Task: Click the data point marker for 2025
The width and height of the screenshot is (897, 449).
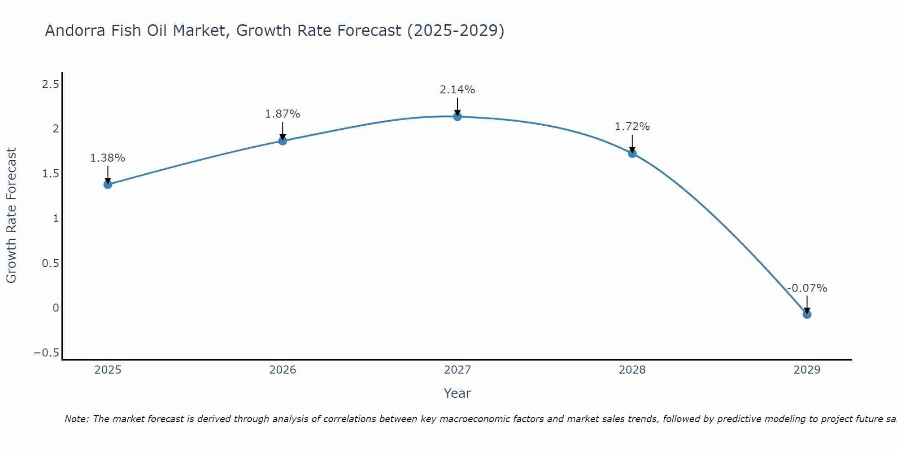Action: pos(108,184)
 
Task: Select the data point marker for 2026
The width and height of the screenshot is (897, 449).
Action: pos(283,141)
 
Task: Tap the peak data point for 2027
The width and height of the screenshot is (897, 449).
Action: pos(457,117)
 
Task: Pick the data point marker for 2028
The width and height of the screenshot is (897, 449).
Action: pos(632,154)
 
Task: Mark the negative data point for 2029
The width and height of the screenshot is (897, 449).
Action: pos(807,314)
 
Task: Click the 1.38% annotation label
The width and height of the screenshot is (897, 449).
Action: pos(108,158)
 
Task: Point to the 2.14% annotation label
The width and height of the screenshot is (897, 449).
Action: pos(457,90)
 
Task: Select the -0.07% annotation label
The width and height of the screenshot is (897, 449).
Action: pos(807,288)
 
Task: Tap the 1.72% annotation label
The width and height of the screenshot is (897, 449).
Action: pos(632,127)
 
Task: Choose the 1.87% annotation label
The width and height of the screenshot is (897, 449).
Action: pos(283,114)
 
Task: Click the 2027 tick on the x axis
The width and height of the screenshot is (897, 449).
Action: pos(457,370)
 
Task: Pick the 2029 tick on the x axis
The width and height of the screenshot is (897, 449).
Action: pos(807,370)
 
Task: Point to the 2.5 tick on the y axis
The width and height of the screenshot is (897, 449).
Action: pos(51,84)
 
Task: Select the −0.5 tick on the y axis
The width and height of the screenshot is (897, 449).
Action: pos(47,353)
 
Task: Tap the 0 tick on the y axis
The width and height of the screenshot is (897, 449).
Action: pos(56,308)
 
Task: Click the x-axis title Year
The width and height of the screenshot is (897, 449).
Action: pos(457,393)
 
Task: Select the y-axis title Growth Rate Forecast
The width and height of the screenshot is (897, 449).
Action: pos(11,216)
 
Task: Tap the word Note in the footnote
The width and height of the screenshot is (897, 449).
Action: pos(76,419)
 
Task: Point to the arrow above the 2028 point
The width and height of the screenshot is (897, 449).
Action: pos(632,144)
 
